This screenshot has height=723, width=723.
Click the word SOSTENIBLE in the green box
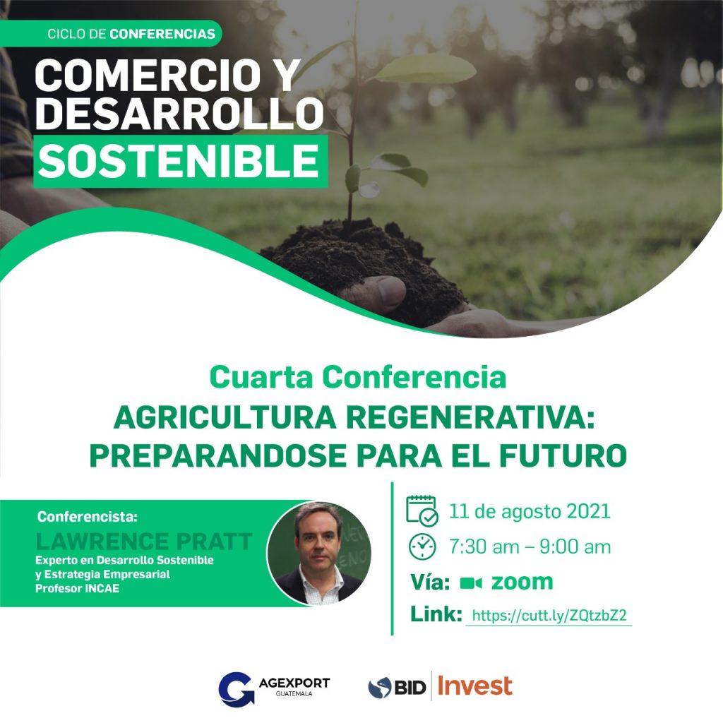[x=179, y=161]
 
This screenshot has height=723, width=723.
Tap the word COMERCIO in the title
[x=148, y=76]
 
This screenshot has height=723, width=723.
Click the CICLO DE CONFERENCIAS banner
[x=111, y=34]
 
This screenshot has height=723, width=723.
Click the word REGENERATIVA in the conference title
[x=470, y=418]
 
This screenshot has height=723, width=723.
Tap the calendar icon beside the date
[x=422, y=510]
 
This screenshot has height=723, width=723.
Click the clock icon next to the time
[x=422, y=547]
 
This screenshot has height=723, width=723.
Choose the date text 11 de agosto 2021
[x=530, y=511]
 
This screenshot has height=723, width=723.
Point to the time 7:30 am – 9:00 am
[x=530, y=547]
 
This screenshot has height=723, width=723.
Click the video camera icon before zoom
[x=471, y=582]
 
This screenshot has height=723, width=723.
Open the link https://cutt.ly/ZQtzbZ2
[x=549, y=616]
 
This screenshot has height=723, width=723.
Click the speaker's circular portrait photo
[x=319, y=554]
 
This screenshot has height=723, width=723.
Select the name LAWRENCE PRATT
[x=144, y=542]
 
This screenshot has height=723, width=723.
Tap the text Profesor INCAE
[x=78, y=588]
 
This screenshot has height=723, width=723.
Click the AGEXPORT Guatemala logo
[x=274, y=688]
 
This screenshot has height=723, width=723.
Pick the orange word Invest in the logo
[x=474, y=686]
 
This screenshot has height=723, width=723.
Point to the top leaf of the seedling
[x=424, y=68]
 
